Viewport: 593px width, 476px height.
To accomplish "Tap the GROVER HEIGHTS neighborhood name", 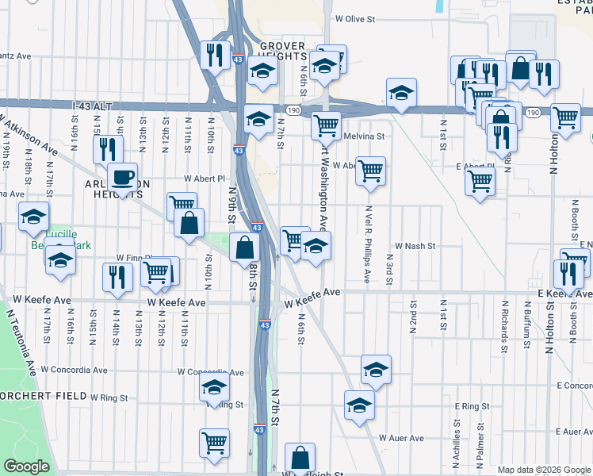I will coord(281,50).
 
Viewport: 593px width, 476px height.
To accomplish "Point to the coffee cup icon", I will coord(122,176).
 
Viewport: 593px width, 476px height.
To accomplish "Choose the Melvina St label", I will coord(365,136).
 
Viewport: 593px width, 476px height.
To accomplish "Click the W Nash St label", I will coord(415,246).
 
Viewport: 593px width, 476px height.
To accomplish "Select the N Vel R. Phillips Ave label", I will coord(368,244).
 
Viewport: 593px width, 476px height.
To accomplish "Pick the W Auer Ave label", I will coord(400,437).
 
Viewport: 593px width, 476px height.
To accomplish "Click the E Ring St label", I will coord(472,406).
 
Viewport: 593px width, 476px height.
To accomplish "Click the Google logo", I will coord(27,466).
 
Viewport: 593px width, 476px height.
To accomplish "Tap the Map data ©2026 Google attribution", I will coord(544,470).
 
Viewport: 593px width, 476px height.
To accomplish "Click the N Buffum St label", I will coord(526,325).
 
